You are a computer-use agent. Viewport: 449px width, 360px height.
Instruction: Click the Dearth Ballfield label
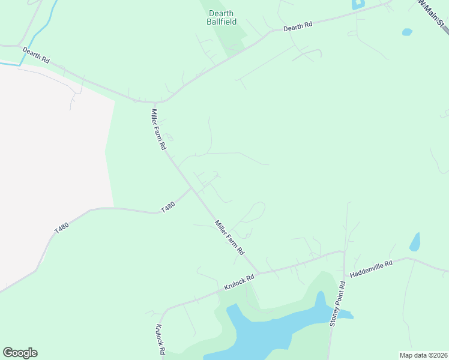click(x=221, y=17)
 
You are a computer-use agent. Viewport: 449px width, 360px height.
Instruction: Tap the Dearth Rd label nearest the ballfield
click(x=298, y=26)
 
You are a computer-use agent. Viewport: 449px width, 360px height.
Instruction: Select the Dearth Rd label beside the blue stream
click(x=36, y=55)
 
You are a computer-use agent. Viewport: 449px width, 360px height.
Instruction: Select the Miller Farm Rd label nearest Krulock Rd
click(x=230, y=236)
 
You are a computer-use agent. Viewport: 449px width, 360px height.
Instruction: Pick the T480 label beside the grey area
click(x=61, y=227)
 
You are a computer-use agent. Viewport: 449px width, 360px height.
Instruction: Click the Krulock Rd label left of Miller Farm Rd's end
click(x=240, y=282)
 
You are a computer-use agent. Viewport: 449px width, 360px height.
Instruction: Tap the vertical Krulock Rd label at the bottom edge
click(x=160, y=340)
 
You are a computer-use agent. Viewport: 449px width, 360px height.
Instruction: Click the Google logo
click(x=20, y=353)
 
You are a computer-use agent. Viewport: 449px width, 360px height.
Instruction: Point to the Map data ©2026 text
click(x=423, y=355)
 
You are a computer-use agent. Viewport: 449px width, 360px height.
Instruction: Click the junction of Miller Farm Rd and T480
click(x=191, y=188)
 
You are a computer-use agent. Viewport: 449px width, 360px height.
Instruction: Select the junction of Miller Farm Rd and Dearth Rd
click(x=157, y=103)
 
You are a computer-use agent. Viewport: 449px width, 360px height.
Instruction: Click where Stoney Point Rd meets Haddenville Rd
click(x=343, y=252)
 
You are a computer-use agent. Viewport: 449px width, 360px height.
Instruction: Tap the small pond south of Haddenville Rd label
click(x=415, y=242)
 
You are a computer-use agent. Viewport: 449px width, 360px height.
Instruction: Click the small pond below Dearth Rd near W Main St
click(x=407, y=32)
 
